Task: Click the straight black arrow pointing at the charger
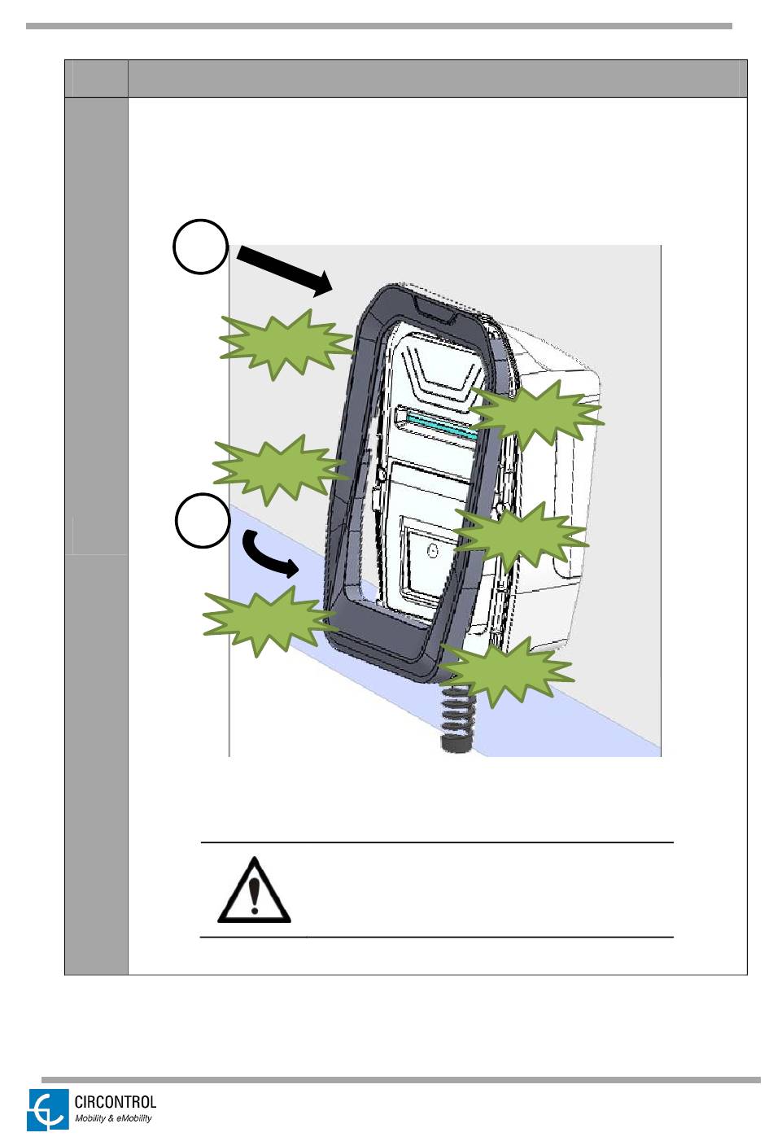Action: coord(284,270)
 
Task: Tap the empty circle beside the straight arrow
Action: coord(200,247)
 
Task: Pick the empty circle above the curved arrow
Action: coord(203,521)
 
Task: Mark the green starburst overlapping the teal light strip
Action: coord(536,414)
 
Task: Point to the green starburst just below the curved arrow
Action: coord(269,623)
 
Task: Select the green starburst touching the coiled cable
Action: coord(506,671)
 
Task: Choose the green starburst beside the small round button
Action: coord(521,537)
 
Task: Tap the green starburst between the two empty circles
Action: coord(280,470)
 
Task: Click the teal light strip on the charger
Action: coord(440,425)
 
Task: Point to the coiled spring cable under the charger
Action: coord(456,718)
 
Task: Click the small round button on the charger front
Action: coord(432,550)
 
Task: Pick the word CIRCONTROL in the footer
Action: coord(116,1102)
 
